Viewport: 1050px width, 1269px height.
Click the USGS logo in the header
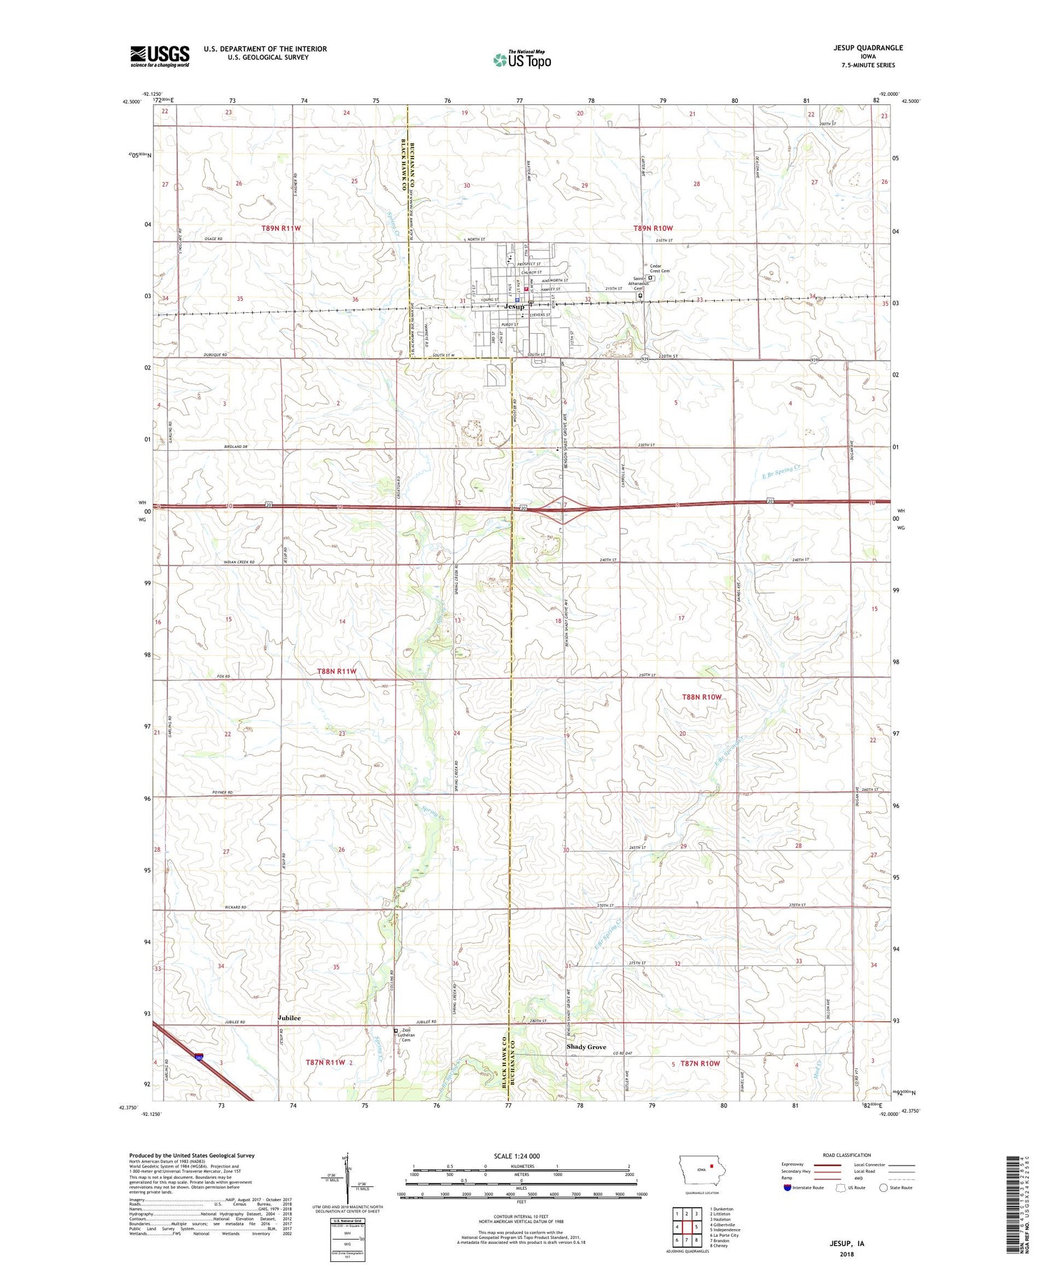(x=160, y=56)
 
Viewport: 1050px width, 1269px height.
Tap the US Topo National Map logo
(x=521, y=59)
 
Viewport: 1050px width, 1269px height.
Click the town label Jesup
(x=514, y=307)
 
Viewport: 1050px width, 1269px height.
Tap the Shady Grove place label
(x=586, y=1047)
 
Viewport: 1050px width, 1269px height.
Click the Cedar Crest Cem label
(x=659, y=269)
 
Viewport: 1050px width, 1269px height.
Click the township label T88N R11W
(x=337, y=671)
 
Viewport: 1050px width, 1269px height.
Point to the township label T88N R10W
(x=701, y=697)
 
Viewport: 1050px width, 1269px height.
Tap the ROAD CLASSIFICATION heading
(x=847, y=1155)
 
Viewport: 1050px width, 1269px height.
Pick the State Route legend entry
(x=899, y=1187)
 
